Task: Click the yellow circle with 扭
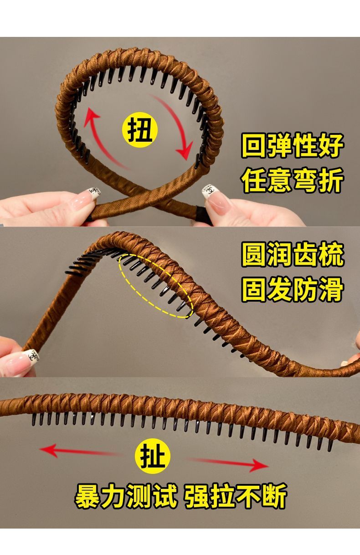[x=140, y=129]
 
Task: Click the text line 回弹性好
[x=293, y=146]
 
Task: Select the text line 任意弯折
[x=293, y=180]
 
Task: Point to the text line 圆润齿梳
[x=293, y=254]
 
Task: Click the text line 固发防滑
[x=293, y=289]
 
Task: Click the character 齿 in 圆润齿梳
[x=305, y=254]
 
